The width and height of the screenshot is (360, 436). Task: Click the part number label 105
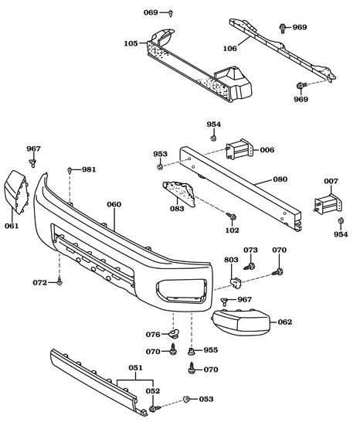[131, 43]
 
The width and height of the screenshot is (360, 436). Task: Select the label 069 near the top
[151, 13]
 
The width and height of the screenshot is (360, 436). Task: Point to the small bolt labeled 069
[171, 13]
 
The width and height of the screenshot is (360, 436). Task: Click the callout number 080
[280, 179]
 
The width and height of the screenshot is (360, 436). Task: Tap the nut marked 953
[159, 166]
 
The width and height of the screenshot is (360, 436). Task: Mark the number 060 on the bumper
[114, 205]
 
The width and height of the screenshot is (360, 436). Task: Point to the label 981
[90, 169]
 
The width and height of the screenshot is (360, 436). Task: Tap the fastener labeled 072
[59, 283]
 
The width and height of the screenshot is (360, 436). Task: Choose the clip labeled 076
[175, 335]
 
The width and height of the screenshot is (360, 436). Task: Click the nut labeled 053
[187, 399]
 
